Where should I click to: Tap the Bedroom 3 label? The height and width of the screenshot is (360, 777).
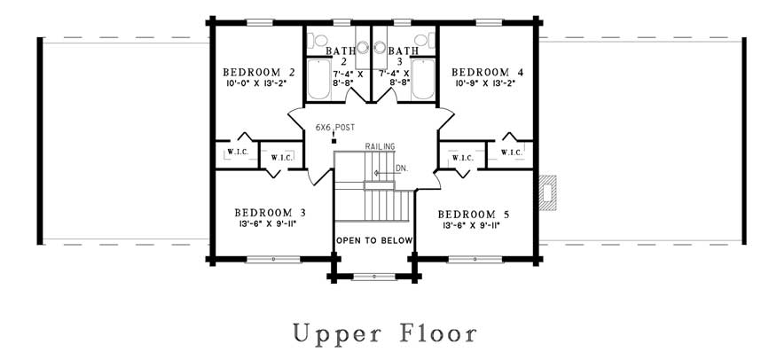pyautogui.click(x=270, y=213)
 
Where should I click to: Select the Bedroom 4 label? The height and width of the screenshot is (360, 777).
pyautogui.click(x=488, y=73)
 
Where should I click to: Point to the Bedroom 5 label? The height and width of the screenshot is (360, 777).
pyautogui.click(x=474, y=215)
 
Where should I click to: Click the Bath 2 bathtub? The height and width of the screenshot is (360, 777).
pyautogui.click(x=318, y=79)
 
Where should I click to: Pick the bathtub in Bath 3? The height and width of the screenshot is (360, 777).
pyautogui.click(x=423, y=79)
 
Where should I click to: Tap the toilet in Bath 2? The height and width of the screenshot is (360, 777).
pyautogui.click(x=319, y=40)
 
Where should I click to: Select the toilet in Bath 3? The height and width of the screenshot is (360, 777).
pyautogui.click(x=423, y=40)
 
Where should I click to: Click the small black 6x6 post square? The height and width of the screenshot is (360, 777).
pyautogui.click(x=334, y=141)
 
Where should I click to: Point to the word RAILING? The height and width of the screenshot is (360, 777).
pyautogui.click(x=381, y=146)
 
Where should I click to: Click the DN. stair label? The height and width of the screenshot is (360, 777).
pyautogui.click(x=402, y=168)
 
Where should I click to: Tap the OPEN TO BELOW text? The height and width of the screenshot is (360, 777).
pyautogui.click(x=374, y=240)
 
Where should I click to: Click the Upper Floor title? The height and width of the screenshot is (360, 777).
pyautogui.click(x=385, y=333)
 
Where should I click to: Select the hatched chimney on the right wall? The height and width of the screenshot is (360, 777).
pyautogui.click(x=547, y=192)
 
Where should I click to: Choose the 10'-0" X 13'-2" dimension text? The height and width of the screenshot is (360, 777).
pyautogui.click(x=256, y=83)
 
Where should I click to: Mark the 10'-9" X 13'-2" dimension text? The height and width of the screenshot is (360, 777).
pyautogui.click(x=486, y=83)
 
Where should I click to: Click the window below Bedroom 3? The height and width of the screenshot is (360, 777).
pyautogui.click(x=273, y=260)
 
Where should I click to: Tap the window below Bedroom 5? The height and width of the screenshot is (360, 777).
pyautogui.click(x=475, y=260)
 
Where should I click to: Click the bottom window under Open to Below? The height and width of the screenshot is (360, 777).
pyautogui.click(x=374, y=277)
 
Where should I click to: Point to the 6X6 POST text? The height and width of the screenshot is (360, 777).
pyautogui.click(x=335, y=128)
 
